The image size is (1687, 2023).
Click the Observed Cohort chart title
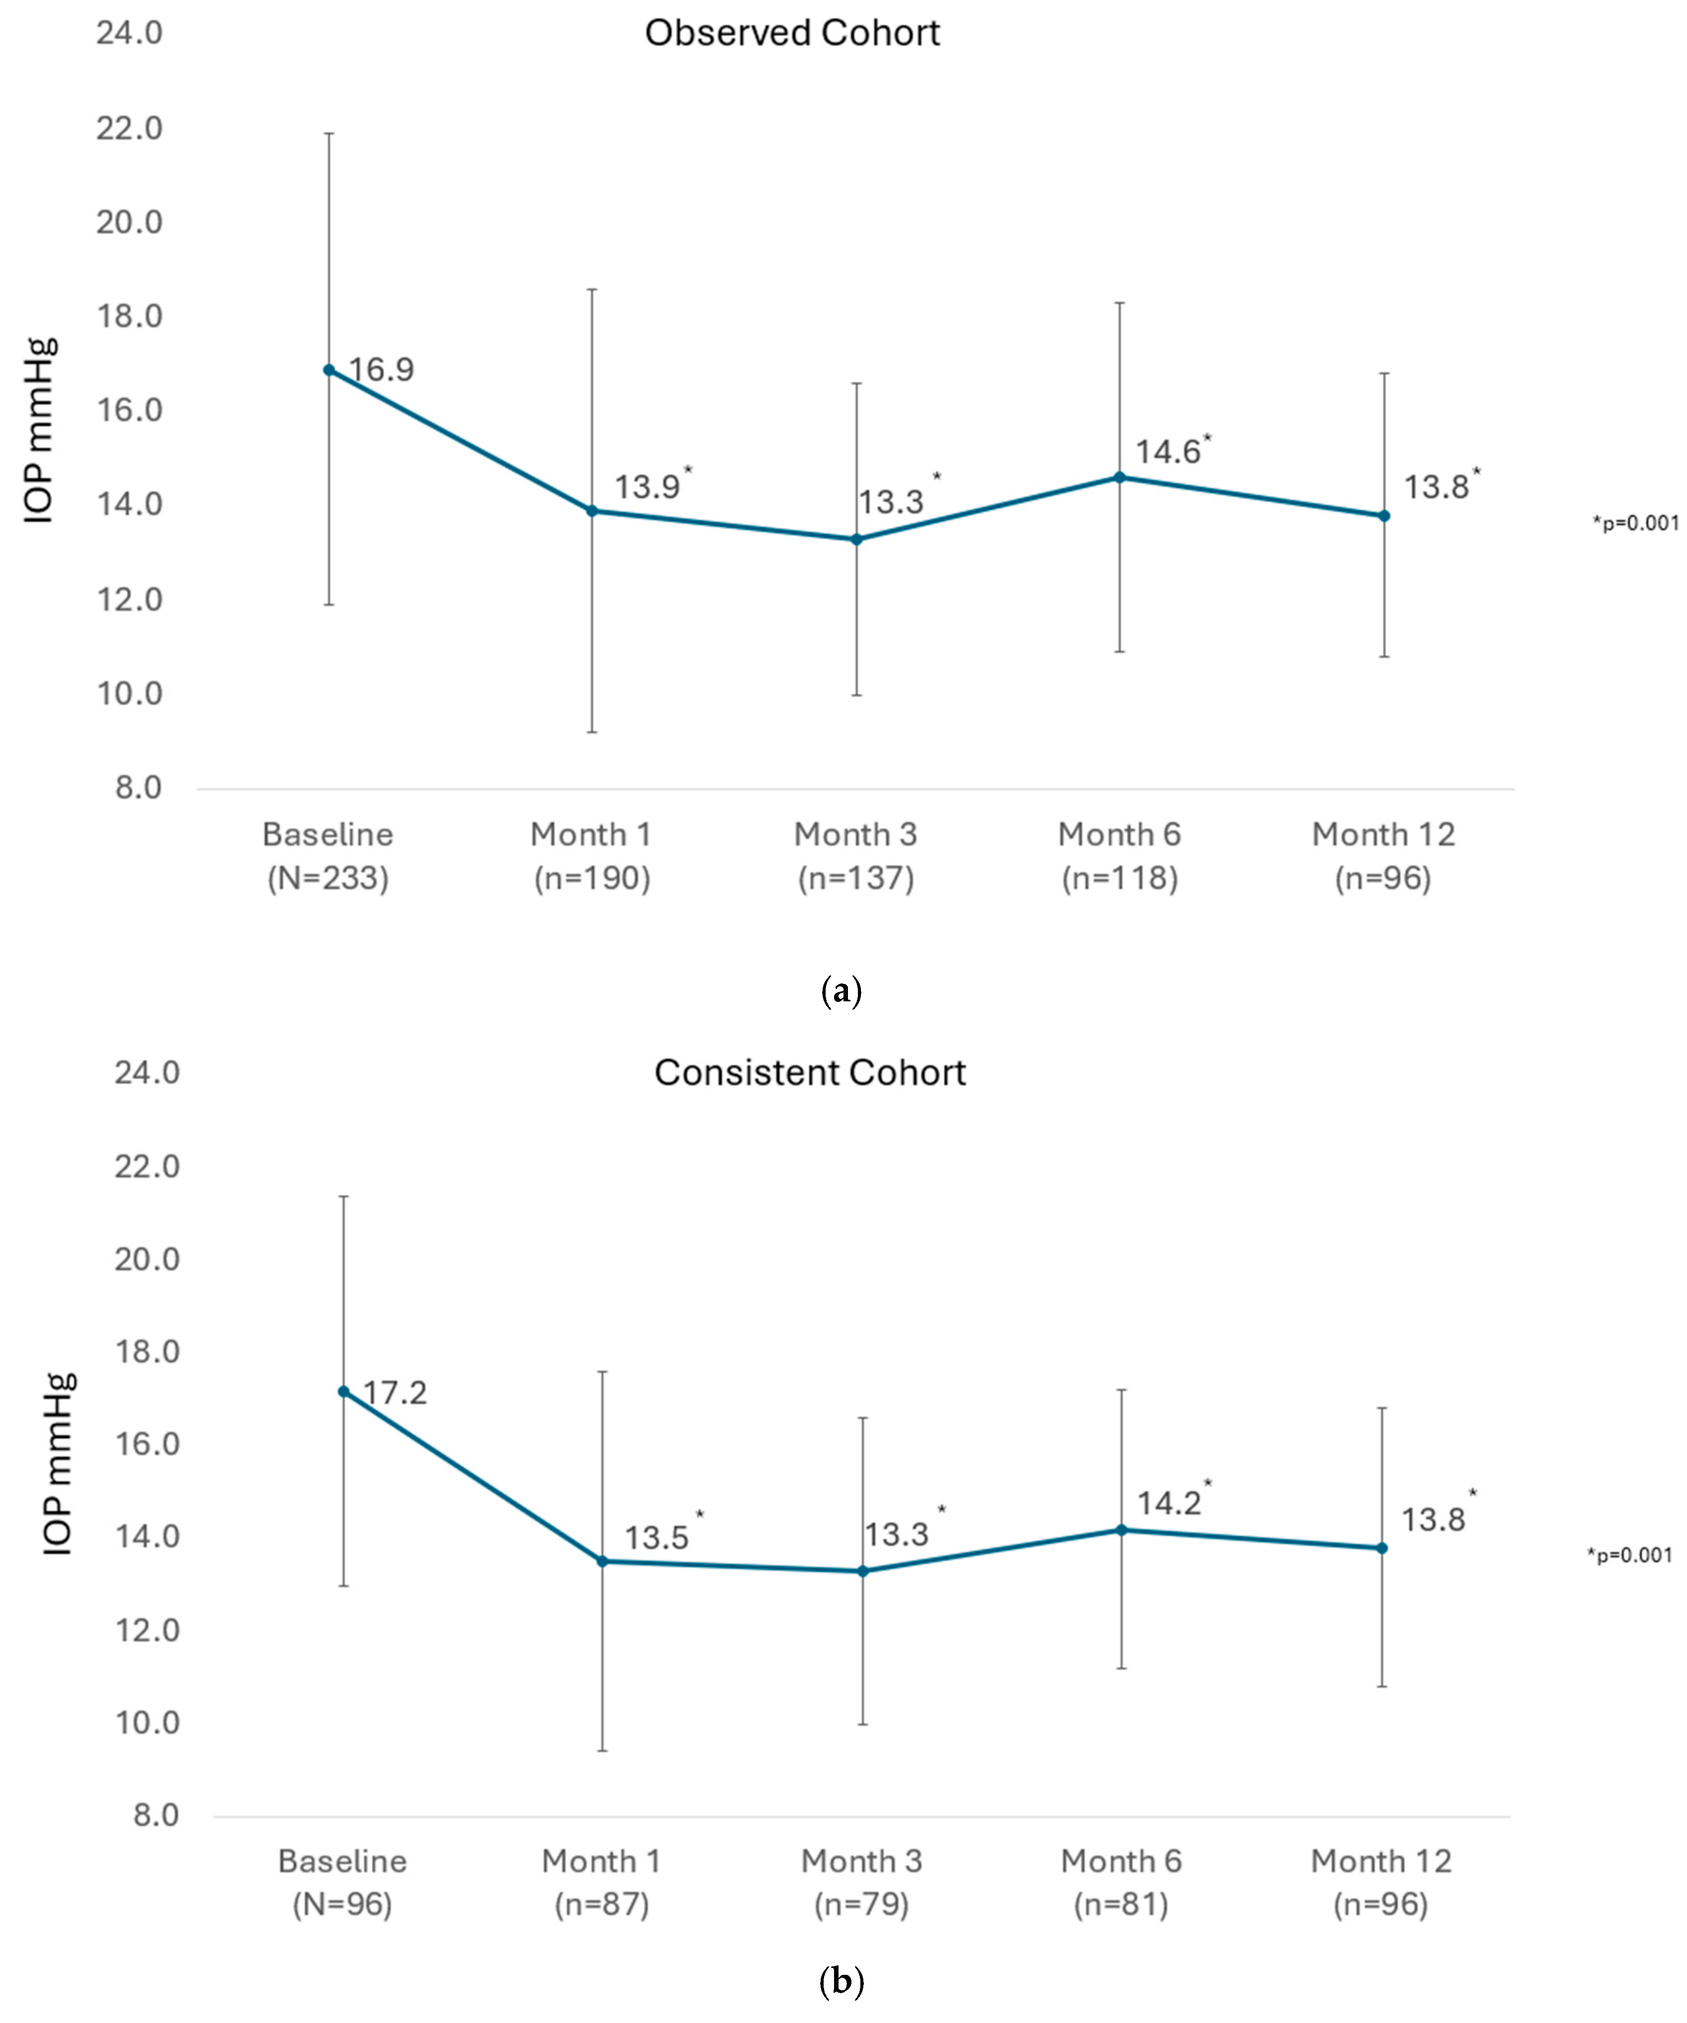[x=791, y=34]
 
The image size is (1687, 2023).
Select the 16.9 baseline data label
[x=381, y=370]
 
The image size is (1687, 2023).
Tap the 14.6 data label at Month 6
[x=1168, y=452]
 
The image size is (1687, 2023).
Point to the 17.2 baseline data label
[x=395, y=1393]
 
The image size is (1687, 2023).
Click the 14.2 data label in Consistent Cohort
[x=1169, y=1504]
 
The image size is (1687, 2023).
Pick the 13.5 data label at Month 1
[x=657, y=1537]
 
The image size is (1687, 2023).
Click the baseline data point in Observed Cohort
[x=329, y=370]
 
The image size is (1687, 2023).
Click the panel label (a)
[x=842, y=991]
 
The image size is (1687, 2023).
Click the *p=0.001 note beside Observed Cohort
[x=1635, y=523]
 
